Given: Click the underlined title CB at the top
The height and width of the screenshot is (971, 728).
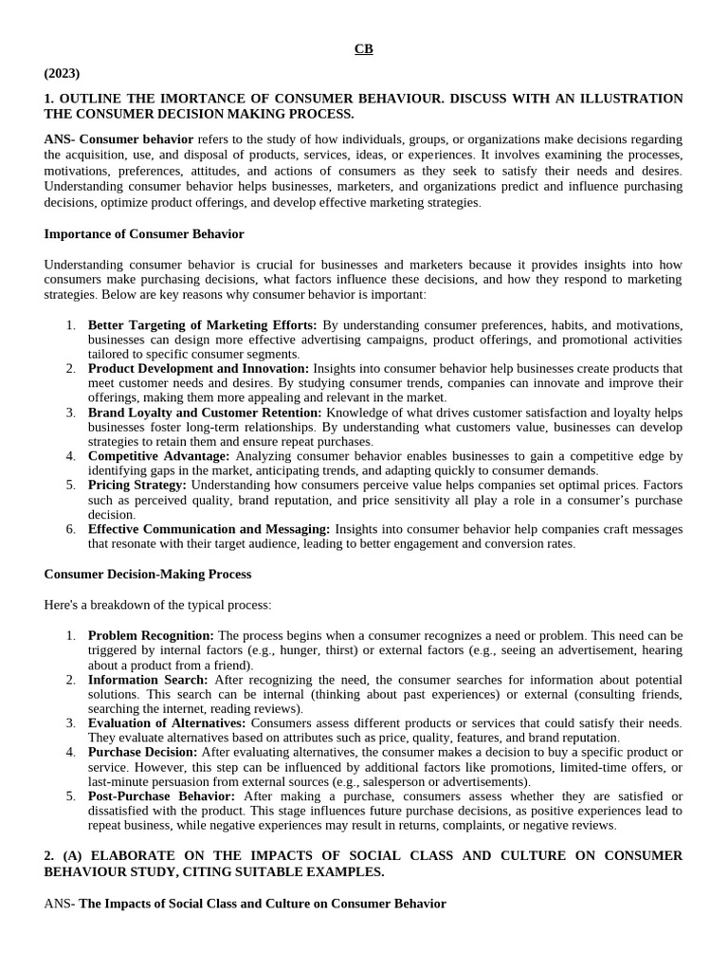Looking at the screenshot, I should tap(364, 49).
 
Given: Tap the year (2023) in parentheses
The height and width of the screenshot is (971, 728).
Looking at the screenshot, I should tap(63, 73).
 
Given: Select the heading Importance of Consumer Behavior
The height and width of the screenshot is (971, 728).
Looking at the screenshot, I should tap(144, 233).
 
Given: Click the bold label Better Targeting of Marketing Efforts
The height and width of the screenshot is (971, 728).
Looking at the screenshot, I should tap(202, 324).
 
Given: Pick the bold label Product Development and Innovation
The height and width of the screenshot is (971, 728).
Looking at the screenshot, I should tap(198, 368).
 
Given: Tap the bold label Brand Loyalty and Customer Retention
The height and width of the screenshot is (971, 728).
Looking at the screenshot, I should tap(205, 412).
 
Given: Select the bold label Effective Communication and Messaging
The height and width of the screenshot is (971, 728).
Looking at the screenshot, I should tap(209, 529).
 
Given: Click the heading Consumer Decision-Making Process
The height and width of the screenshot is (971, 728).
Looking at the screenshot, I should tap(148, 574).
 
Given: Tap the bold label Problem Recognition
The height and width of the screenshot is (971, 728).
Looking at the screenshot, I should tap(151, 634).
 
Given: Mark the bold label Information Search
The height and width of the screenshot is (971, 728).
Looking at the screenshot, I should tap(148, 679).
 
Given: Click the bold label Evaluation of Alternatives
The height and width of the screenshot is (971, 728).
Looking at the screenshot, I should tap(168, 723).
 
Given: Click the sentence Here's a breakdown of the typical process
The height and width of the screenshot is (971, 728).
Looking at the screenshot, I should tap(157, 604).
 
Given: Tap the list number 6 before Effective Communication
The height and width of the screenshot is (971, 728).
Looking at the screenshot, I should tap(70, 529).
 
